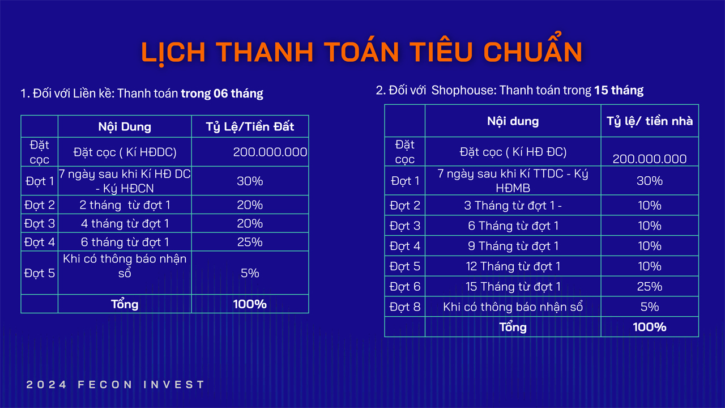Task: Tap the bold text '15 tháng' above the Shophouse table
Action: (619, 90)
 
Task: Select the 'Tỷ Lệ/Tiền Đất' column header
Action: (250, 126)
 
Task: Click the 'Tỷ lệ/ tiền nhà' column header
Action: (650, 121)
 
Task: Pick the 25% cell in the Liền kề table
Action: (250, 242)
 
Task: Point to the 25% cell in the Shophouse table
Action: (650, 286)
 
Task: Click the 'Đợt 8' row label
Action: (405, 307)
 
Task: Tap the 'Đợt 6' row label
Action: (405, 286)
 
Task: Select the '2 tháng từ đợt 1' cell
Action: (125, 205)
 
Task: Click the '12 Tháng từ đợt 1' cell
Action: (513, 266)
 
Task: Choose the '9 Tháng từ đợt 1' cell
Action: (513, 246)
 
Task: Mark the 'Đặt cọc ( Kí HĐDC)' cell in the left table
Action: (125, 152)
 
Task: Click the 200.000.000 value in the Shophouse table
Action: (650, 159)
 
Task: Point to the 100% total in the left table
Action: (250, 304)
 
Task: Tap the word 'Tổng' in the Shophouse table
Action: (513, 327)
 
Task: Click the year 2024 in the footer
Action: (46, 384)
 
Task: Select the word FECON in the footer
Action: (105, 384)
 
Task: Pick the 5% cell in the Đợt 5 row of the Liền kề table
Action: (250, 273)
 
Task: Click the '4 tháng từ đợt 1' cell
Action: (125, 223)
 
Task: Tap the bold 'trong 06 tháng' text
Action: (222, 93)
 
